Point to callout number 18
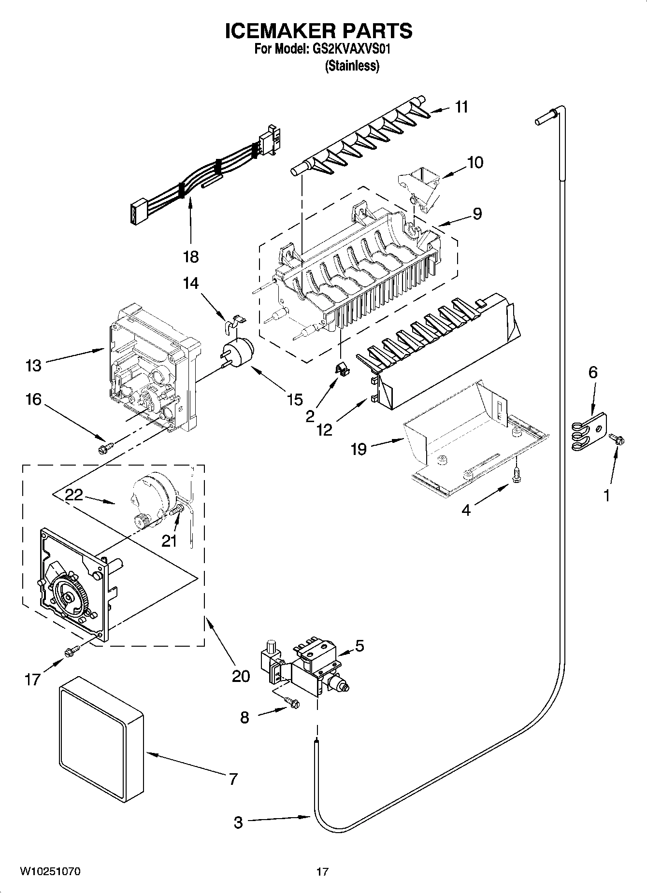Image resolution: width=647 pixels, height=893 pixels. [x=191, y=256]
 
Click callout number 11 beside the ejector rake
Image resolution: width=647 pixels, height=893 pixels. [x=461, y=107]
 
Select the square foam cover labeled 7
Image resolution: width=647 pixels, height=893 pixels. [x=101, y=739]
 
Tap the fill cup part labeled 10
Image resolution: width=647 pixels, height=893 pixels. [x=420, y=186]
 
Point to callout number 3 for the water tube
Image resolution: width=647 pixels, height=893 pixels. [x=238, y=822]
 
